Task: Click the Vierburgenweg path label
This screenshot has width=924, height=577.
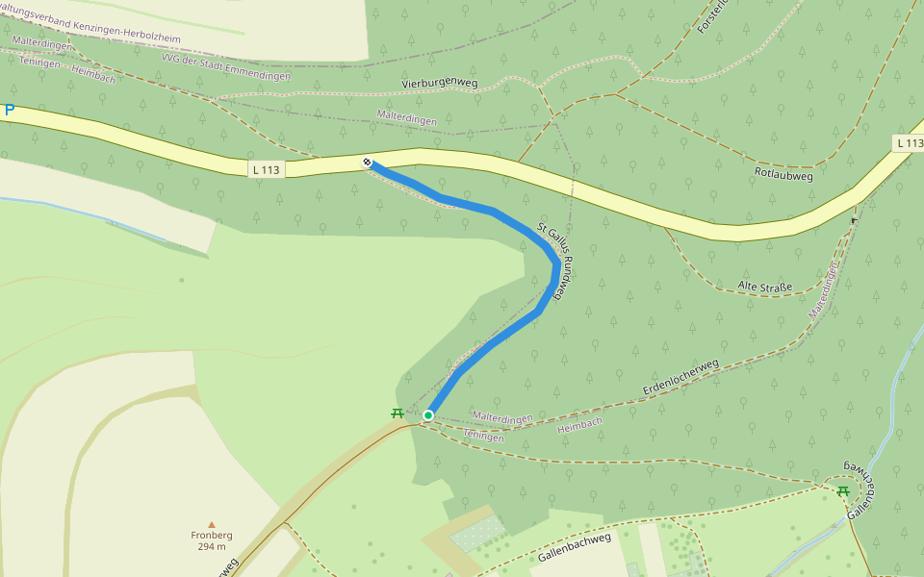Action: point(438,85)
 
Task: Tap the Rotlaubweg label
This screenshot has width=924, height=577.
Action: point(784,176)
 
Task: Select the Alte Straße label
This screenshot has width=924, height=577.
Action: point(764,287)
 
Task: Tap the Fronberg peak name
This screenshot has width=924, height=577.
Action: point(212,536)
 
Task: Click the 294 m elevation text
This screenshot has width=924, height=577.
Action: point(212,547)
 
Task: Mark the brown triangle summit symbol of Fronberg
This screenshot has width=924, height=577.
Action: point(212,524)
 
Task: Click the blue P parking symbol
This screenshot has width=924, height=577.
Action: point(10,111)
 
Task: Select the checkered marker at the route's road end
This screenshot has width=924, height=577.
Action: point(367,162)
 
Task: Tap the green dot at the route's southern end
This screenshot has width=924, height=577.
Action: point(428,415)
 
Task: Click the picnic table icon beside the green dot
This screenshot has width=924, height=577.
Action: point(397,414)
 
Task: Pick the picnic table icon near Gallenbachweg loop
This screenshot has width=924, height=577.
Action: point(843,490)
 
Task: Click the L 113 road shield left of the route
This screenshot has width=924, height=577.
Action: point(266,170)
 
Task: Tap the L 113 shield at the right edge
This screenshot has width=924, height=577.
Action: point(909,143)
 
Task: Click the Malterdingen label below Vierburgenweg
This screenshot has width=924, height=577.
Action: point(406,119)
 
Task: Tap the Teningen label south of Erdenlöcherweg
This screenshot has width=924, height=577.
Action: point(483,437)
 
